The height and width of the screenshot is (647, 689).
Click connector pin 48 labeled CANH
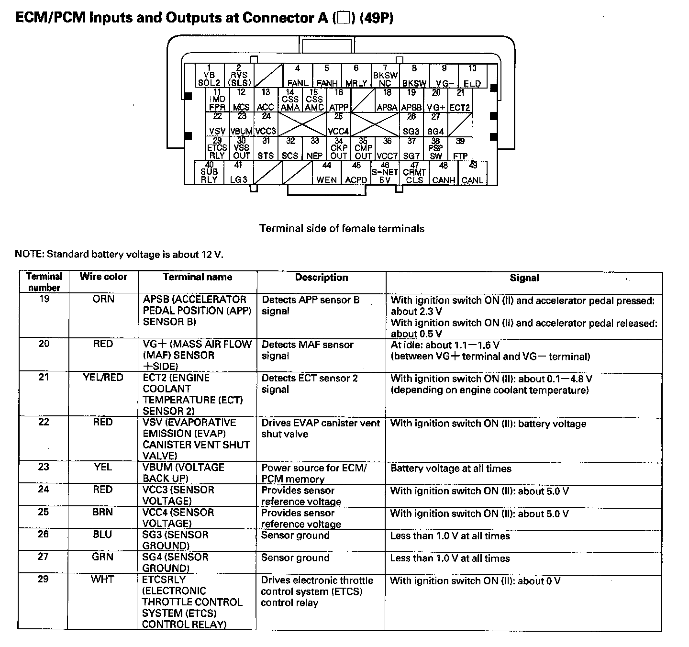[444, 173]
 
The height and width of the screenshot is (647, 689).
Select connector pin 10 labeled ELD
[472, 76]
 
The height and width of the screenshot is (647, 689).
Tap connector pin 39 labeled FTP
[460, 148]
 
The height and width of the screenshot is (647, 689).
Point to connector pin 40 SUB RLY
[209, 173]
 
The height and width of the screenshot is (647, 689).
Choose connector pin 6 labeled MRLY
[356, 76]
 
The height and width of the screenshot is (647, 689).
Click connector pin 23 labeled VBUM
[242, 124]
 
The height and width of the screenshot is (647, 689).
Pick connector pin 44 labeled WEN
[327, 173]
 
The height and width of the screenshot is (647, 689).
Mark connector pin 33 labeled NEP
[314, 148]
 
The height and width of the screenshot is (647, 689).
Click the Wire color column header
[103, 277]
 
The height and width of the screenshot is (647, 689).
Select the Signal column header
[524, 278]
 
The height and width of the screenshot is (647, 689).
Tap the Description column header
[321, 278]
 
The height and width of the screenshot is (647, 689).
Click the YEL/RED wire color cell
[103, 378]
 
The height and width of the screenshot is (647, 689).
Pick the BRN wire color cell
[103, 512]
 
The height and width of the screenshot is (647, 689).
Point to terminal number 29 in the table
[43, 579]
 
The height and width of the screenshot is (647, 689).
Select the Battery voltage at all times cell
[451, 469]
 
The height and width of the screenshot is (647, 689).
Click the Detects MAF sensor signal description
[307, 350]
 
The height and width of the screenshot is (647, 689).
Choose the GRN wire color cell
[103, 557]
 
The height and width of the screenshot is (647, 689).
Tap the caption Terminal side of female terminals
[342, 229]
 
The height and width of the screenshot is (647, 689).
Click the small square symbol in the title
[343, 19]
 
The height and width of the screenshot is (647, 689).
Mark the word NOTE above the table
[28, 254]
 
